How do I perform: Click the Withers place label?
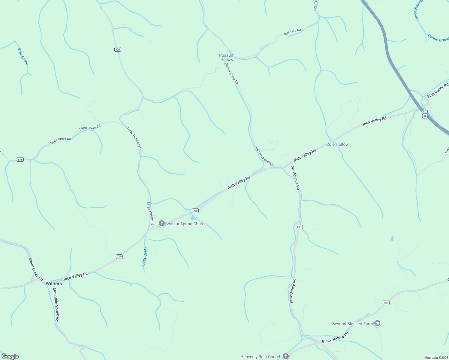coord(54,283)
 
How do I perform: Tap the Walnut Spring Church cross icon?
coord(162,223)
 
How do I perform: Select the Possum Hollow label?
coord(227,57)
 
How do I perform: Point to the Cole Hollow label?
coord(337,144)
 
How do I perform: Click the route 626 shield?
coord(118,49)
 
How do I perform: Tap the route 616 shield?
coord(20,159)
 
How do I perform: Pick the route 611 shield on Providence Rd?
coord(299,227)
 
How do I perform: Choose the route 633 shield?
coord(386,303)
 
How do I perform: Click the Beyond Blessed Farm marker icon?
coord(378,323)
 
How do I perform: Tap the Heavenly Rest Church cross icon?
coord(286,356)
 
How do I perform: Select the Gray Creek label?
coord(23,56)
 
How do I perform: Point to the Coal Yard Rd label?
coord(292,32)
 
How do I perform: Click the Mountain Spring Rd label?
coord(56,304)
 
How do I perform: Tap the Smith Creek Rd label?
coord(36,269)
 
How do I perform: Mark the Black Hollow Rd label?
coord(335,338)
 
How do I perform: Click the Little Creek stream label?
coord(144,256)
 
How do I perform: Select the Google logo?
coord(10,356)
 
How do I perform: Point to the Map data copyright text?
coord(436,358)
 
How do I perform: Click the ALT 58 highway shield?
coord(425,114)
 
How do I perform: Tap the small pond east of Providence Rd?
coord(392,239)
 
